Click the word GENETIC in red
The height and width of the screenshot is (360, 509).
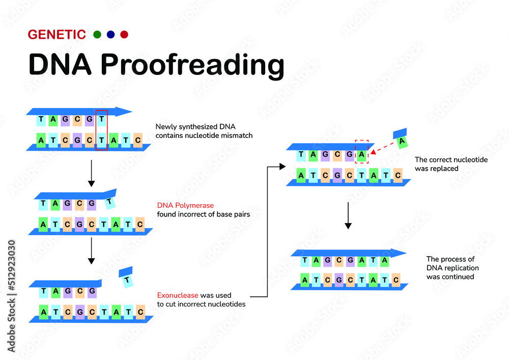click(x=56, y=35)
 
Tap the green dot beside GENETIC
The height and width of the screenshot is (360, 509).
click(x=97, y=35)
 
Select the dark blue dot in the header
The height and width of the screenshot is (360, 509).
click(x=110, y=35)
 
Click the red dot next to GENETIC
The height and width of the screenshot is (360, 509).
click(x=124, y=35)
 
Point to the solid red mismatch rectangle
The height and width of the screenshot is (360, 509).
click(x=101, y=130)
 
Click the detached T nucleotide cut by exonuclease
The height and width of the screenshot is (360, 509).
click(x=126, y=279)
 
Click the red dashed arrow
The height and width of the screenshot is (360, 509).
click(x=382, y=147)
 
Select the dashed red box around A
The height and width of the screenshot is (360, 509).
click(x=361, y=152)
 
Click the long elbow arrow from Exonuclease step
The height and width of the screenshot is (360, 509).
click(x=267, y=229)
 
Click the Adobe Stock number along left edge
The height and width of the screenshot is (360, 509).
click(x=11, y=295)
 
